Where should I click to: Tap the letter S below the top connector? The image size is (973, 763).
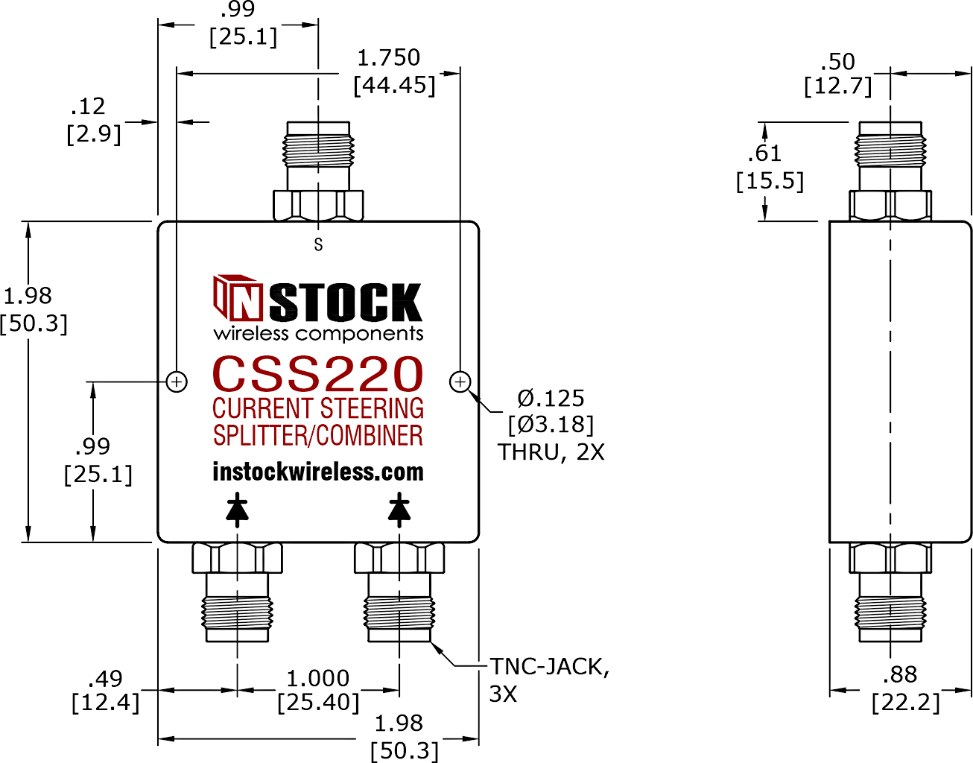tap(318, 244)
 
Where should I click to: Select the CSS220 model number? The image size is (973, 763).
tap(318, 373)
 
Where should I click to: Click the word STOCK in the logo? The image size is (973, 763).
tap(345, 303)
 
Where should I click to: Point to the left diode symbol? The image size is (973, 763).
tap(238, 510)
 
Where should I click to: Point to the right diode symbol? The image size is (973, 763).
tap(399, 510)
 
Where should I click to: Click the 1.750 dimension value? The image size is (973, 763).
tap(389, 58)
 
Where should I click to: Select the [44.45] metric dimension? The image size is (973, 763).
tap(394, 85)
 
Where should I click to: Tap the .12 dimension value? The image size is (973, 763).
tap(88, 106)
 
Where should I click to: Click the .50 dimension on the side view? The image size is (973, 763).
tap(837, 61)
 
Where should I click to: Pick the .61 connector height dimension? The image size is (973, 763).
tap(764, 153)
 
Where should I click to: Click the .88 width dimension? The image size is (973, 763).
tap(900, 674)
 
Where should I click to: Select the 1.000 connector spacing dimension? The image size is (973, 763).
tap(318, 678)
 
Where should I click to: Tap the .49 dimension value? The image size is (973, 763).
tap(105, 679)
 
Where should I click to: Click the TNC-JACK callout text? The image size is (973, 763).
tap(549, 667)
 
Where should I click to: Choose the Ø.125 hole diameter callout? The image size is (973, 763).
tap(551, 398)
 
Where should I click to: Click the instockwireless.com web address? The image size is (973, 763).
tap(318, 472)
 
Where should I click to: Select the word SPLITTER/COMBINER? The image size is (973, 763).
tap(318, 435)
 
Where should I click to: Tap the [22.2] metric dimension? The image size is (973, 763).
tap(905, 703)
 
